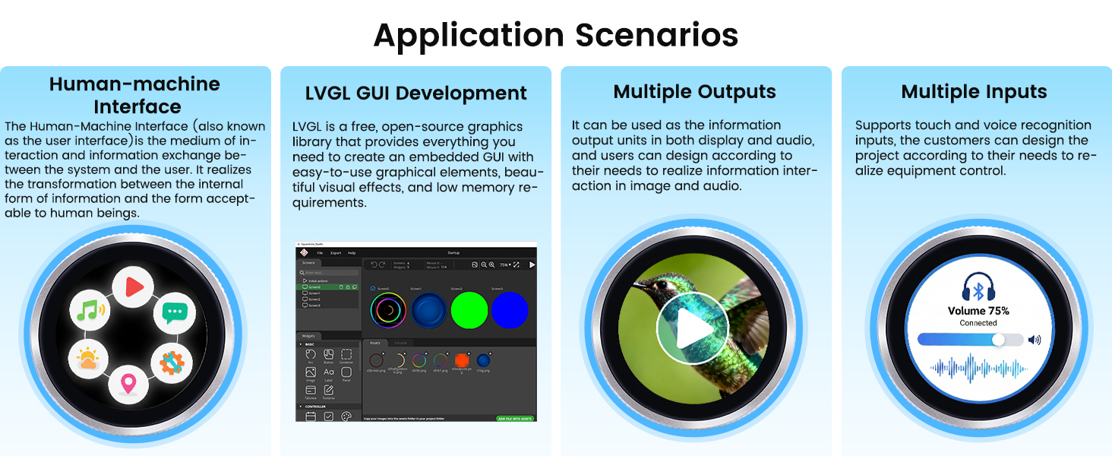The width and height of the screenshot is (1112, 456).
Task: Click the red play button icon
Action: [x=134, y=287]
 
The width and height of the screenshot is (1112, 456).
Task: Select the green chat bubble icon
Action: [x=175, y=312]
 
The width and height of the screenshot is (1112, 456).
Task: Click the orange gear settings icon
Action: [x=172, y=363]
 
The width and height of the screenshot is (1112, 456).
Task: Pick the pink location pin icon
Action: [x=128, y=385]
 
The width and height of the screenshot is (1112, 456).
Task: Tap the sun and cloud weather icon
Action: [x=87, y=360]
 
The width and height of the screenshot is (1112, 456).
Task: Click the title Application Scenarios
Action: [x=555, y=35]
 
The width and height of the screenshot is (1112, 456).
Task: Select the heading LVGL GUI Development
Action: [x=415, y=93]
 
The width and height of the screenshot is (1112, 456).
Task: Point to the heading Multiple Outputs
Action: [x=694, y=92]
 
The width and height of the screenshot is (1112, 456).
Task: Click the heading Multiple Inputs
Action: [x=974, y=92]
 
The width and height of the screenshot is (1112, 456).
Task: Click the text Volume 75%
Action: [x=978, y=311]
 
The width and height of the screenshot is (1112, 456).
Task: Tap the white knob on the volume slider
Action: [x=998, y=340]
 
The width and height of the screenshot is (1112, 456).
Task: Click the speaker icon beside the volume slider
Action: [x=1034, y=340]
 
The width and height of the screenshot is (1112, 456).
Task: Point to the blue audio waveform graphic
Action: [x=979, y=369]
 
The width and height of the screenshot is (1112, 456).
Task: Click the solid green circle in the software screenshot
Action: [x=469, y=310]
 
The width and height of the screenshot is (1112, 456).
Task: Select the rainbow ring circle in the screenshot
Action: [x=388, y=310]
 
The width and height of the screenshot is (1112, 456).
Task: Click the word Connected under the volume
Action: [x=978, y=323]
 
